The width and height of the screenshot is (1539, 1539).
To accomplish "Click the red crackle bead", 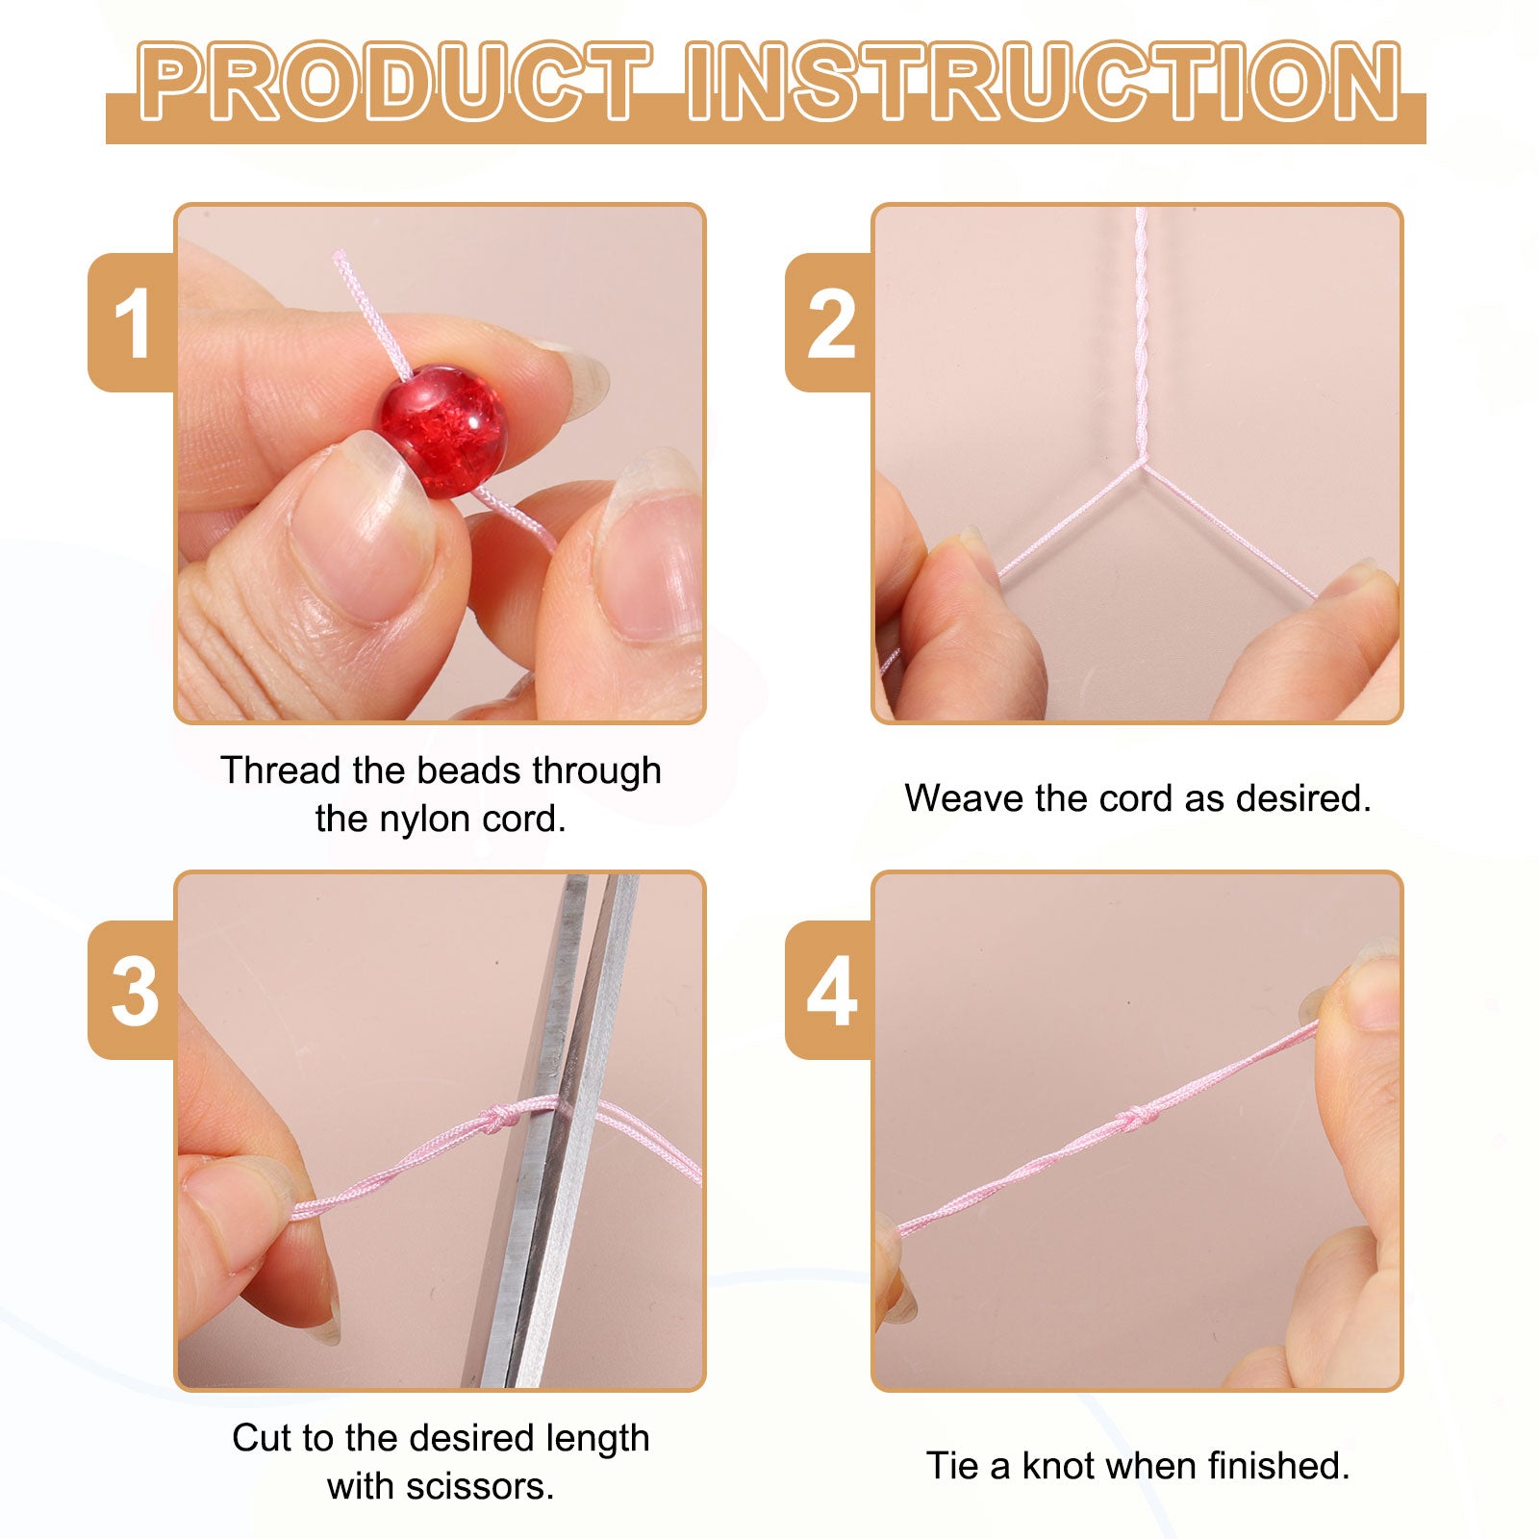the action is pos(442,432).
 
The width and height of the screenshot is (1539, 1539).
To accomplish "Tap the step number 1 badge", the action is pos(133,322).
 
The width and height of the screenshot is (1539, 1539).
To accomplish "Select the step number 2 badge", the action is pos(830,322).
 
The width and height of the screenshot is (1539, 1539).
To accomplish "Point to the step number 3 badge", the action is pos(133,991).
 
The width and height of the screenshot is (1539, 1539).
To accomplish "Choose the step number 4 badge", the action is pos(830,991).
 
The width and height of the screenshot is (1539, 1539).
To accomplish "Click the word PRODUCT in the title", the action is pos(394,83).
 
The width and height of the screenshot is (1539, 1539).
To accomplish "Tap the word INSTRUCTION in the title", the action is pos(1045,83).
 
